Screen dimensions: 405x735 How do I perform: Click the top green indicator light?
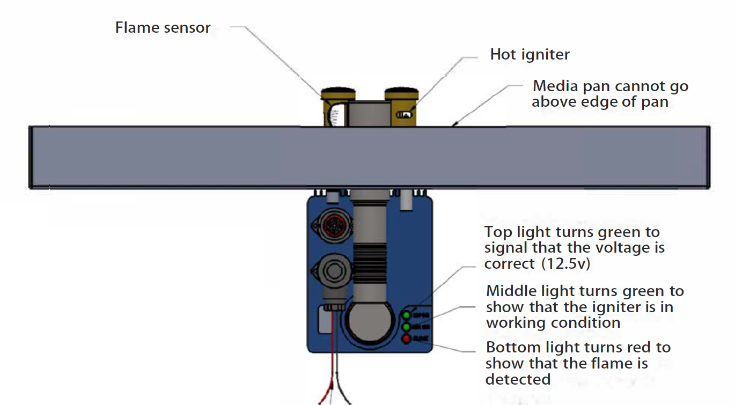[407, 315]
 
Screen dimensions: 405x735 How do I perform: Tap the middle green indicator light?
[407, 327]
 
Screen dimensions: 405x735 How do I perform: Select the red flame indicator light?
[407, 338]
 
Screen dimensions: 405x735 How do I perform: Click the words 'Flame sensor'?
[163, 28]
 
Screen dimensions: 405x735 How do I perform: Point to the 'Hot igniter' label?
[530, 54]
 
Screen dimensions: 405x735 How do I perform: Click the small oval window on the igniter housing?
[404, 114]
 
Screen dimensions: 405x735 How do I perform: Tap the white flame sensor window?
[335, 115]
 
